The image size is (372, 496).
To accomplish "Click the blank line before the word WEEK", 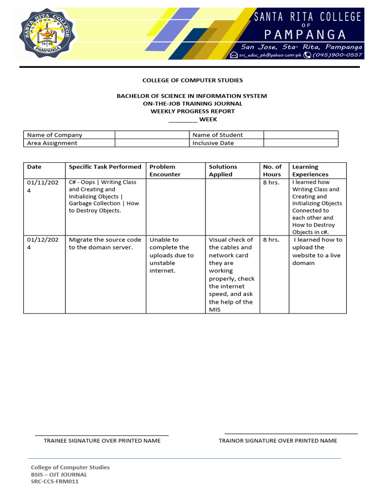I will [x=183, y=119].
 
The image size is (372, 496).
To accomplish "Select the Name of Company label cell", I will [x=69, y=135].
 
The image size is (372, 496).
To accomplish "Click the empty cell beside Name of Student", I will [x=300, y=135].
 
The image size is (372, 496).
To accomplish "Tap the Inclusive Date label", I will [x=213, y=143].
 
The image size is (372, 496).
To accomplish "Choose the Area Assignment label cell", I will [x=69, y=143].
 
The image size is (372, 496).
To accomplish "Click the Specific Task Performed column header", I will [x=105, y=167].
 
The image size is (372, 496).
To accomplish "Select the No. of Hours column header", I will [x=272, y=170].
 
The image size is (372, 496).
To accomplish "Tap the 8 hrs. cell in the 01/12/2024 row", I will [x=271, y=240].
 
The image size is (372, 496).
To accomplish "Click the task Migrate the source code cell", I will [x=105, y=244].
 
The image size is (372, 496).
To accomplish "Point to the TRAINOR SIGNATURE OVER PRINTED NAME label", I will [x=278, y=441].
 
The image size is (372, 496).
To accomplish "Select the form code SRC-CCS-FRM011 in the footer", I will [x=55, y=482].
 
